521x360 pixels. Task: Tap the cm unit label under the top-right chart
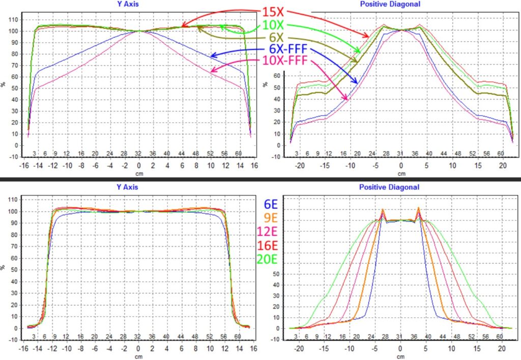[x=401, y=174]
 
